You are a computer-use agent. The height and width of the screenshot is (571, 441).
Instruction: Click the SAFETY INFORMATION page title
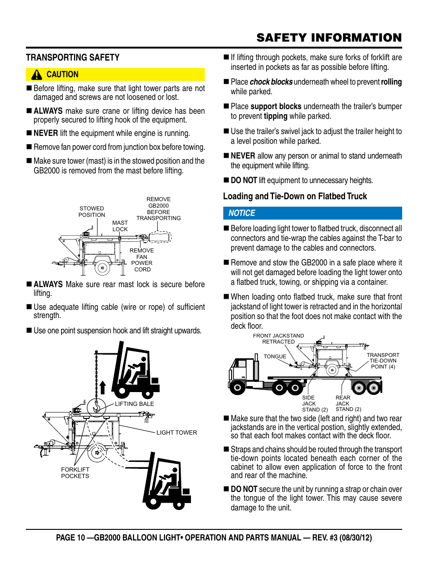coord(329,38)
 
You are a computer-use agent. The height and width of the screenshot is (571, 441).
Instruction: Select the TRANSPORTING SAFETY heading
coord(73,58)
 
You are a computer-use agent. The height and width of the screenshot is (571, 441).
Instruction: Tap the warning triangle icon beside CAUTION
coord(37,75)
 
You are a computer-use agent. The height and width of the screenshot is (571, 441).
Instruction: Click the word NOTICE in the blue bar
coord(242,213)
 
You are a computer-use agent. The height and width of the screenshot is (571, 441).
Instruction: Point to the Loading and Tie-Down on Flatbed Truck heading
coord(295,196)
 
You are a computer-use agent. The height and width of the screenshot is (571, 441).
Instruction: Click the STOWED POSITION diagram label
coord(92,212)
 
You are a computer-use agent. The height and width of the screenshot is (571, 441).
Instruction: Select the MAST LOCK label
coord(120,226)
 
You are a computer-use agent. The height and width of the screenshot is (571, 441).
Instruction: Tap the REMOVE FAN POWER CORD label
coord(142,260)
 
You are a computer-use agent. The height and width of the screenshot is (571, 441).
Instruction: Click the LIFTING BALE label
coord(135,404)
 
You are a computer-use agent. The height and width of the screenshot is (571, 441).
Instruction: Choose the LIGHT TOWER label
coord(177,433)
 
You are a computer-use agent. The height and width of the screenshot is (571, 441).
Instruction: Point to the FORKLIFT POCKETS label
coord(75,473)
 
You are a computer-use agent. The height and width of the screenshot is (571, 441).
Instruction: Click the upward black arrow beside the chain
coord(103,387)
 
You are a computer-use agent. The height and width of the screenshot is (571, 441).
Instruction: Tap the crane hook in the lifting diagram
coord(97,407)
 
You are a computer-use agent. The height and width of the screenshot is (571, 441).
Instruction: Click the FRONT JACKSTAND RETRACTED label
coord(278,339)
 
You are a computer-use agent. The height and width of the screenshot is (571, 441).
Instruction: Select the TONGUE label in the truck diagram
coord(275,356)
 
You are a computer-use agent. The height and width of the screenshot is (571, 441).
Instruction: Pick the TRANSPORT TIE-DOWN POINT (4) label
coord(383,361)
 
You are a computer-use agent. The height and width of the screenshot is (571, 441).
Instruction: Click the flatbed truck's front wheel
coord(238,387)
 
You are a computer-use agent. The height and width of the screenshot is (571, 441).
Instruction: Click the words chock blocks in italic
coord(271,82)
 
